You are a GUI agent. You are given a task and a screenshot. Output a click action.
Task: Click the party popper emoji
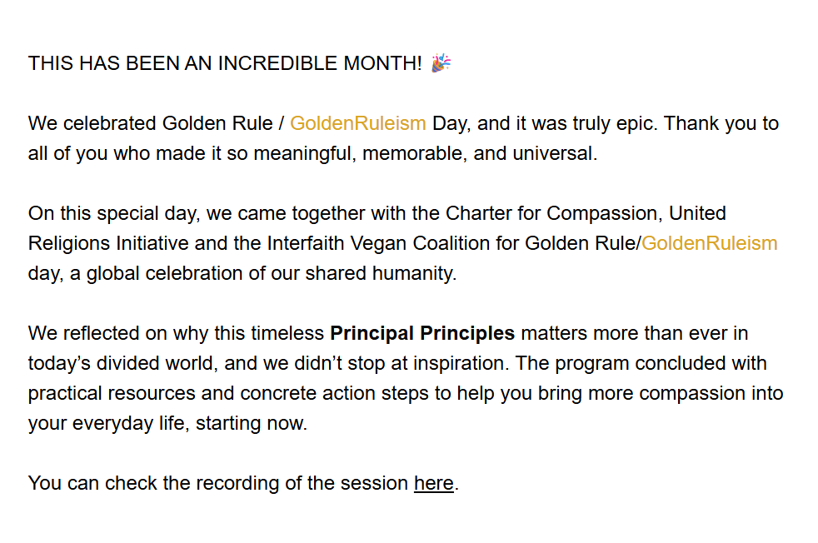pyautogui.click(x=441, y=62)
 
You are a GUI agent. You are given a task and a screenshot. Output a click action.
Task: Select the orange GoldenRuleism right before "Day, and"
pyautogui.click(x=358, y=123)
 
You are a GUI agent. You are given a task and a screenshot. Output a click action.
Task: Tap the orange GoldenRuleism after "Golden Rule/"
pyautogui.click(x=710, y=243)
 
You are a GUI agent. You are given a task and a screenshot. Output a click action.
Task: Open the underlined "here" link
pyautogui.click(x=433, y=483)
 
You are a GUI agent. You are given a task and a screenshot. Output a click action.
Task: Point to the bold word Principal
pyautogui.click(x=372, y=334)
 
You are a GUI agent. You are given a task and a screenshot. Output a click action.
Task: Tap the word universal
pyautogui.click(x=555, y=154)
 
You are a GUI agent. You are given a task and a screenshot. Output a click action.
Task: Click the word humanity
pyautogui.click(x=414, y=274)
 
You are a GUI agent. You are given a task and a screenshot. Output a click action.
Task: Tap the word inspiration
pyautogui.click(x=461, y=364)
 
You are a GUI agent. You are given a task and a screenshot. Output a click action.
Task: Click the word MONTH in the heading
pyautogui.click(x=382, y=63)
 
